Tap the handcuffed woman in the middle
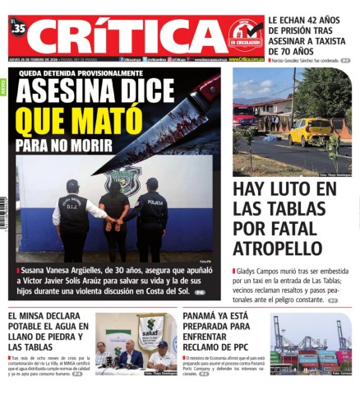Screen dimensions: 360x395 point(114,216)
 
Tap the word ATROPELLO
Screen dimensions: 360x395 point(276,247)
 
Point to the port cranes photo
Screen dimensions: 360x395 point(311,344)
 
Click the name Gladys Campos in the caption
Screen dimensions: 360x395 point(258,270)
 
